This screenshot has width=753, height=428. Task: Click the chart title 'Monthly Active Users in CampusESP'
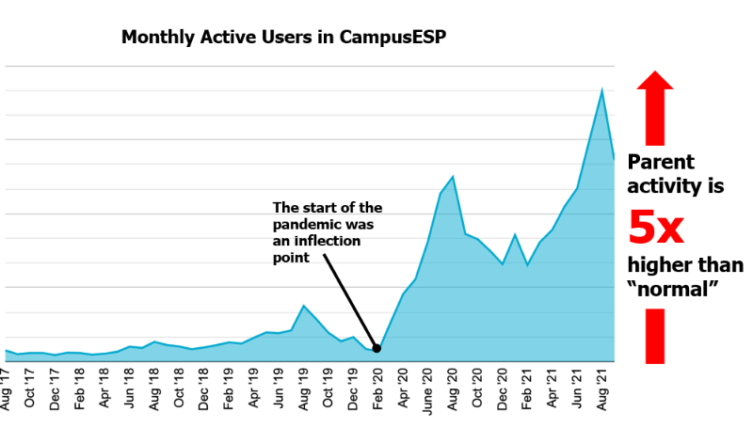point(283,37)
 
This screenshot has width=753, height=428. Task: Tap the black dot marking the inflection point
point(377,349)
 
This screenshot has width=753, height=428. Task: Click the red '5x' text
point(655,228)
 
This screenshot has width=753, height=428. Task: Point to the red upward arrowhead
point(655,80)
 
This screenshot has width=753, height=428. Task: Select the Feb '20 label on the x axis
point(377,389)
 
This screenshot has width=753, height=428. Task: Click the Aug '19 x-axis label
point(302,389)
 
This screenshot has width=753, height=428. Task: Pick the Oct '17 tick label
point(29,388)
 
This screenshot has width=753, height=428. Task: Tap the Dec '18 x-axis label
point(203,389)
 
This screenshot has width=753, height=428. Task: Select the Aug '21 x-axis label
point(601,389)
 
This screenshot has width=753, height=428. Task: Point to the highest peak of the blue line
point(601,89)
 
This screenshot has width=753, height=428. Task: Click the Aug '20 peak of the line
point(453,177)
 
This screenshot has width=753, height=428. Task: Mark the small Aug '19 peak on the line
point(303,306)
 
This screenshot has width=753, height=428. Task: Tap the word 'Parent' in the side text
point(661,162)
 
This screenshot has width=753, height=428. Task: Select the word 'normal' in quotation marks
point(673,289)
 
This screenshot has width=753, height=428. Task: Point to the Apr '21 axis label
point(552,388)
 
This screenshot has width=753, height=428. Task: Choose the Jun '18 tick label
point(129,388)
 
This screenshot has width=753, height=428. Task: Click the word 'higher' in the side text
point(660,265)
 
